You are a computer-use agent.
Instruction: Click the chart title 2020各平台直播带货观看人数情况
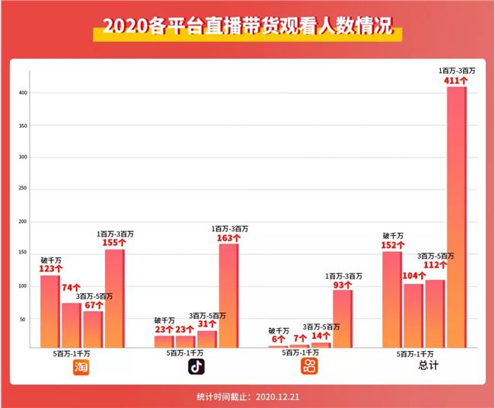[247, 28]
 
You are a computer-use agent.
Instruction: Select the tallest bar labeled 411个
[456, 217]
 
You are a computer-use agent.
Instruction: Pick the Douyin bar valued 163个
[228, 295]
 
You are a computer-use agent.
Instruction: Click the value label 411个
[457, 80]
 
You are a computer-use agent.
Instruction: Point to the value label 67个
[94, 304]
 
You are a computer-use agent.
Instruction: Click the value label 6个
[279, 339]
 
